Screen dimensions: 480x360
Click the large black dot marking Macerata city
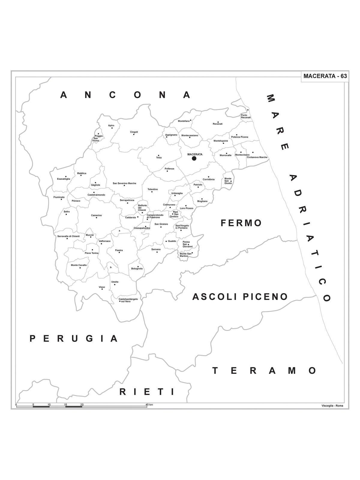(194, 158)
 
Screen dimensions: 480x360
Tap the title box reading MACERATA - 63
(325, 76)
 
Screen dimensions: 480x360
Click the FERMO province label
(241, 223)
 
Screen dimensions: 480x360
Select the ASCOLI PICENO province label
(240, 297)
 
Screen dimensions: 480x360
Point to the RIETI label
(147, 391)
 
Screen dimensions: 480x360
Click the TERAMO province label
(264, 370)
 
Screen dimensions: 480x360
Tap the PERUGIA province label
(74, 338)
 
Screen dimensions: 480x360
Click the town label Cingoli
(134, 132)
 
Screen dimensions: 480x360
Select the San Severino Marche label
(124, 183)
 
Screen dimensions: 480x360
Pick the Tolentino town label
(152, 189)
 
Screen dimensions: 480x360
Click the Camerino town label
(96, 215)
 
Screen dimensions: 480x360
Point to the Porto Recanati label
(244, 116)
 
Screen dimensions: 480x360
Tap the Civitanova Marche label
(257, 157)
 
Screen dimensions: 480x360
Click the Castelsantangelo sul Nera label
(128, 300)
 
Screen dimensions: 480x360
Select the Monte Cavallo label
(79, 265)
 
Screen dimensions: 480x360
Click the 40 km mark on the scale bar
(149, 405)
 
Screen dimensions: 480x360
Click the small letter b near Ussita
(111, 267)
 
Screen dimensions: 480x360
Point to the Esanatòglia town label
(64, 179)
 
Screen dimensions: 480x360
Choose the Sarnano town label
(156, 249)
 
